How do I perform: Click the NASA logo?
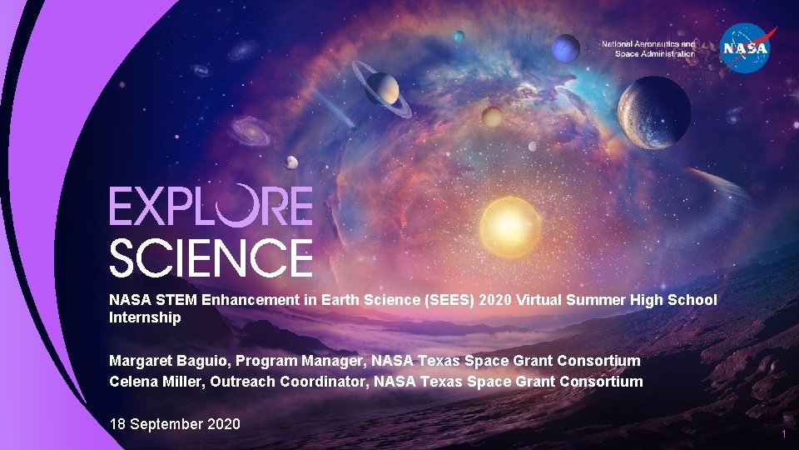point(747,47)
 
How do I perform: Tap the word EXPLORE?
point(211,206)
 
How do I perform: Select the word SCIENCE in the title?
point(211,257)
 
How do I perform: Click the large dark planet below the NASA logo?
point(654,112)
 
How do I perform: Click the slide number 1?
point(783,435)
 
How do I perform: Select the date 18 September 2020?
point(175,424)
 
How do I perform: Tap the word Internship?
point(145,317)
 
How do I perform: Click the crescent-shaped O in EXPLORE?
point(250,206)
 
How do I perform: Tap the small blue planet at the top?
point(459,36)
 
